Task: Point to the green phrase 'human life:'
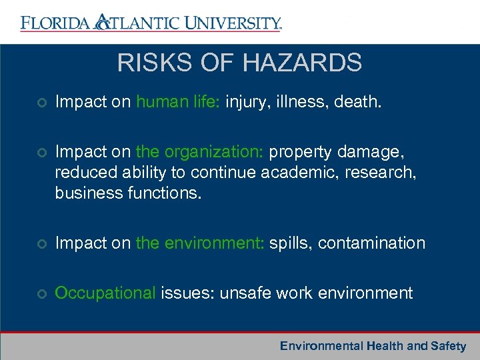pos(178,102)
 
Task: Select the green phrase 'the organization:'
pos(200,153)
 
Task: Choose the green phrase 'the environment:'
pos(200,243)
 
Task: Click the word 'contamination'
pos(371,243)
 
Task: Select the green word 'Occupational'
pos(105,293)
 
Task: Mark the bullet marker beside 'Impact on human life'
pos(41,103)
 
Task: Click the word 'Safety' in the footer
pos(448,346)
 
